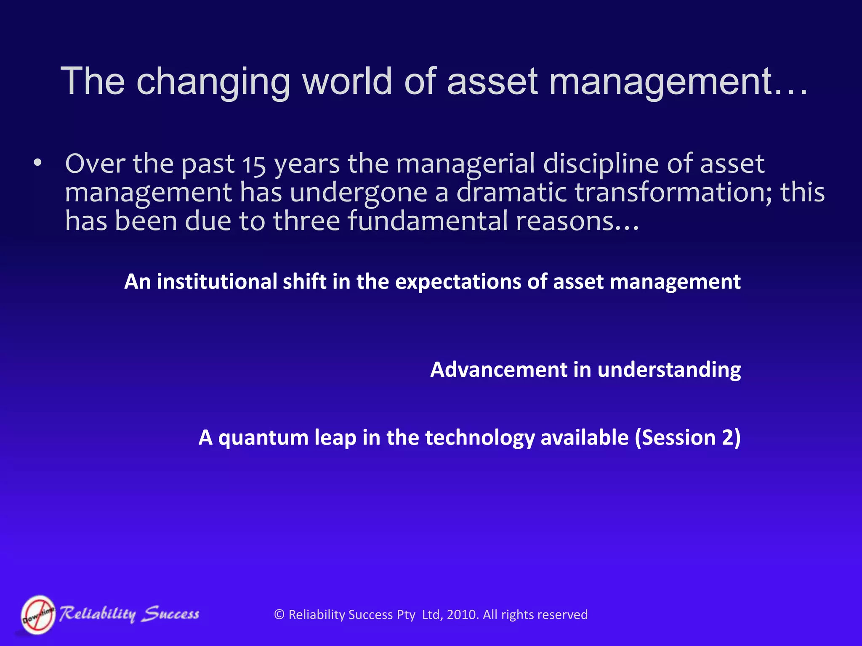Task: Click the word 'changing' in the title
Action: [x=213, y=82]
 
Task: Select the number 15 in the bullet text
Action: [x=254, y=165]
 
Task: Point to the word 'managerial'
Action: [x=466, y=164]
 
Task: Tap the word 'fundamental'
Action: [x=428, y=221]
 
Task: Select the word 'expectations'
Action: [x=458, y=282]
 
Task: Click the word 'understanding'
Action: [x=669, y=371]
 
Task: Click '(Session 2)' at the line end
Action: [x=688, y=438]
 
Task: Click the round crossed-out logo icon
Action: [x=38, y=614]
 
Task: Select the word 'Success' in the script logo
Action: [x=170, y=614]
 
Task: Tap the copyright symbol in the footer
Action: [x=279, y=614]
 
